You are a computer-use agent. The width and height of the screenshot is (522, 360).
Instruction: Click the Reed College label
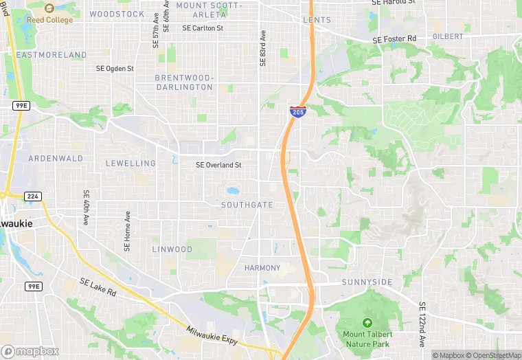pyautogui.click(x=49, y=20)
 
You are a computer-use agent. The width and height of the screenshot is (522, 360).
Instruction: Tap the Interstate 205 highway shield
pyautogui.click(x=297, y=111)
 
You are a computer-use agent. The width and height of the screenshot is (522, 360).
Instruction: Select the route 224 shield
pyautogui.click(x=32, y=196)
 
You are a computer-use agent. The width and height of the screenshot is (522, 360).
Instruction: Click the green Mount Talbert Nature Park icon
pyautogui.click(x=367, y=323)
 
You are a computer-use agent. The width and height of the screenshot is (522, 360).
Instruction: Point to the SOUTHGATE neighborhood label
pyautogui.click(x=247, y=205)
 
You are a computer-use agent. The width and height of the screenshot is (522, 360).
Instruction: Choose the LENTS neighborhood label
pyautogui.click(x=317, y=21)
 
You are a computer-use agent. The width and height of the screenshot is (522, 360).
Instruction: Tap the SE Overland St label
pyautogui.click(x=218, y=165)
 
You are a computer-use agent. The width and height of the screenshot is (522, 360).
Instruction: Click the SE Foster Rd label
pyautogui.click(x=394, y=40)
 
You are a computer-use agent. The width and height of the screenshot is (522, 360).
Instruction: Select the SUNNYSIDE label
pyautogui.click(x=367, y=282)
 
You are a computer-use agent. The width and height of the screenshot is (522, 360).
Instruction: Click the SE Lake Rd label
pyautogui.click(x=98, y=287)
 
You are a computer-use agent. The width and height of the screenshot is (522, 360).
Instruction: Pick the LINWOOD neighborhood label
pyautogui.click(x=172, y=249)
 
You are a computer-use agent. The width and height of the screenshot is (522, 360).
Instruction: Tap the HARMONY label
pyautogui.click(x=262, y=267)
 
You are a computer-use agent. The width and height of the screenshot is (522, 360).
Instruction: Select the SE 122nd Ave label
pyautogui.click(x=422, y=324)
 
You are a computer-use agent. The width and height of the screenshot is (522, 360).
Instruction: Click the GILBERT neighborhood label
pyautogui.click(x=448, y=35)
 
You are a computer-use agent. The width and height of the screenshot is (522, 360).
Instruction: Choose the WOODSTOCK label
pyautogui.click(x=117, y=14)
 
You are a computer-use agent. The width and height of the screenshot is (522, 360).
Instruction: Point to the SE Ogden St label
pyautogui.click(x=115, y=69)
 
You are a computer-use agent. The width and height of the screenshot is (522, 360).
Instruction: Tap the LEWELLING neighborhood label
pyautogui.click(x=130, y=164)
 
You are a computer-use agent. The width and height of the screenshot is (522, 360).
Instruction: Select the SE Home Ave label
pyautogui.click(x=128, y=230)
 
